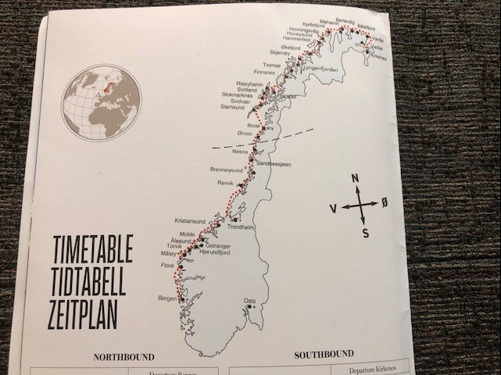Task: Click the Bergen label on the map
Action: coord(167,298)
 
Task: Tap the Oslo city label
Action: coord(250,299)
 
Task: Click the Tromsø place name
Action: coord(271,65)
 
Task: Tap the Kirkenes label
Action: coord(377,56)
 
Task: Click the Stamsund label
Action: coord(232,108)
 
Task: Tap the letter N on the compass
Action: coord(356,179)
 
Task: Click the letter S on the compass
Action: coord(365,232)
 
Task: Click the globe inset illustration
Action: coord(102,102)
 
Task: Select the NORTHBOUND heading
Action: coord(123,357)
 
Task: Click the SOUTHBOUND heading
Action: coord(324,354)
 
